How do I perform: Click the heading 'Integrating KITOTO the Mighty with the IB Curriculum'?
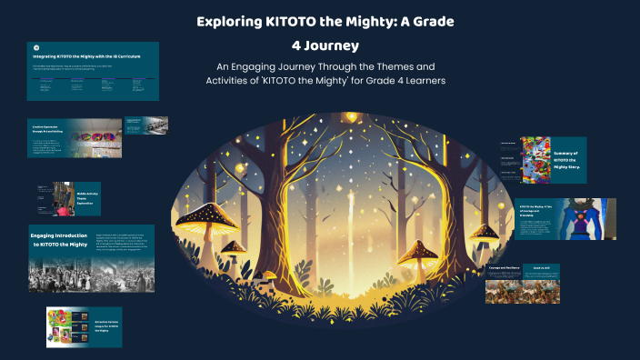click(88, 56)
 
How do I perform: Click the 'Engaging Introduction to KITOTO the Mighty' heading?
click(61, 239)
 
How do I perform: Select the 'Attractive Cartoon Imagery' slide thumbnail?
click(85, 326)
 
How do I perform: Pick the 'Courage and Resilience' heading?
click(505, 268)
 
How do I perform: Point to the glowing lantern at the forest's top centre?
click(350, 117)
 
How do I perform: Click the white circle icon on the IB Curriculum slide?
click(35, 47)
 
